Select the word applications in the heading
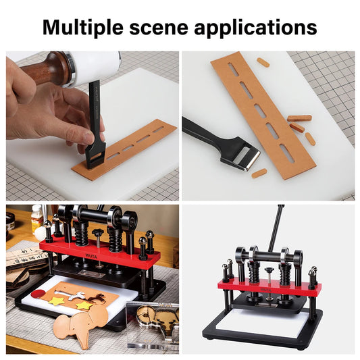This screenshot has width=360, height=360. click(x=255, y=28)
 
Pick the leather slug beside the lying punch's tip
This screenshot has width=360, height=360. click(x=259, y=174)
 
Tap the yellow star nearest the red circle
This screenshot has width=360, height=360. click(x=57, y=301)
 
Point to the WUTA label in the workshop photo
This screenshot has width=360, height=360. click(x=91, y=256)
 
